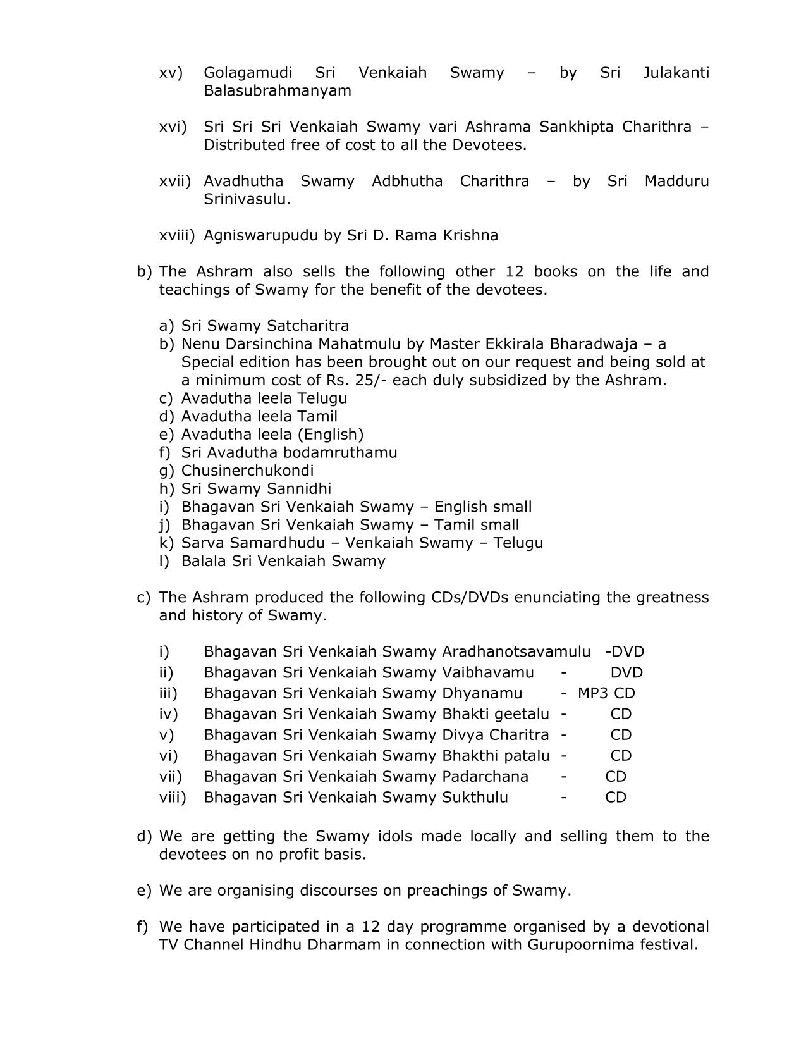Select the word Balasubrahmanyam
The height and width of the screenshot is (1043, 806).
pyautogui.click(x=277, y=90)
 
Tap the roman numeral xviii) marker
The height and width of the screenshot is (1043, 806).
pyautogui.click(x=177, y=235)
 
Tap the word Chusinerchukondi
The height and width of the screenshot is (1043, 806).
pyautogui.click(x=247, y=471)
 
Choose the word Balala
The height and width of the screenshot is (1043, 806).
pyautogui.click(x=202, y=561)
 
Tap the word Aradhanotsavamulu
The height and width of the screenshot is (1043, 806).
pyautogui.click(x=516, y=651)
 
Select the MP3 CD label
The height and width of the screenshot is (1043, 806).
pyautogui.click(x=606, y=693)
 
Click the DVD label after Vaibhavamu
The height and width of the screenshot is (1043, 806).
pyautogui.click(x=626, y=672)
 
